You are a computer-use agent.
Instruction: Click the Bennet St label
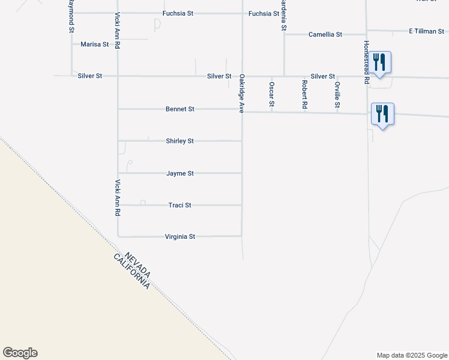click(180, 109)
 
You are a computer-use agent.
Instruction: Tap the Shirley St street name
click(179, 141)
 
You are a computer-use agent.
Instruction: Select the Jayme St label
click(180, 173)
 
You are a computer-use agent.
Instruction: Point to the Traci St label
click(179, 205)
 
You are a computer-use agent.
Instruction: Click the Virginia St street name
click(180, 237)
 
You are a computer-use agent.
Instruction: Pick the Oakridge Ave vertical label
click(242, 94)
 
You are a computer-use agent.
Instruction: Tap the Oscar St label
click(271, 95)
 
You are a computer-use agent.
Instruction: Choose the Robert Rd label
click(305, 95)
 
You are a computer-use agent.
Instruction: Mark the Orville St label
click(337, 95)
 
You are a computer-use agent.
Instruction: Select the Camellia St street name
click(325, 35)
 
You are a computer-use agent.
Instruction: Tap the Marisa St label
click(95, 44)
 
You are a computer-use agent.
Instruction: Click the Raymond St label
click(71, 16)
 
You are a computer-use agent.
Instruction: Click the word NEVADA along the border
click(138, 265)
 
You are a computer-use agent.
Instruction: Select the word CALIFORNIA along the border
click(131, 272)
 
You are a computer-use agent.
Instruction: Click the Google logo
click(20, 353)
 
